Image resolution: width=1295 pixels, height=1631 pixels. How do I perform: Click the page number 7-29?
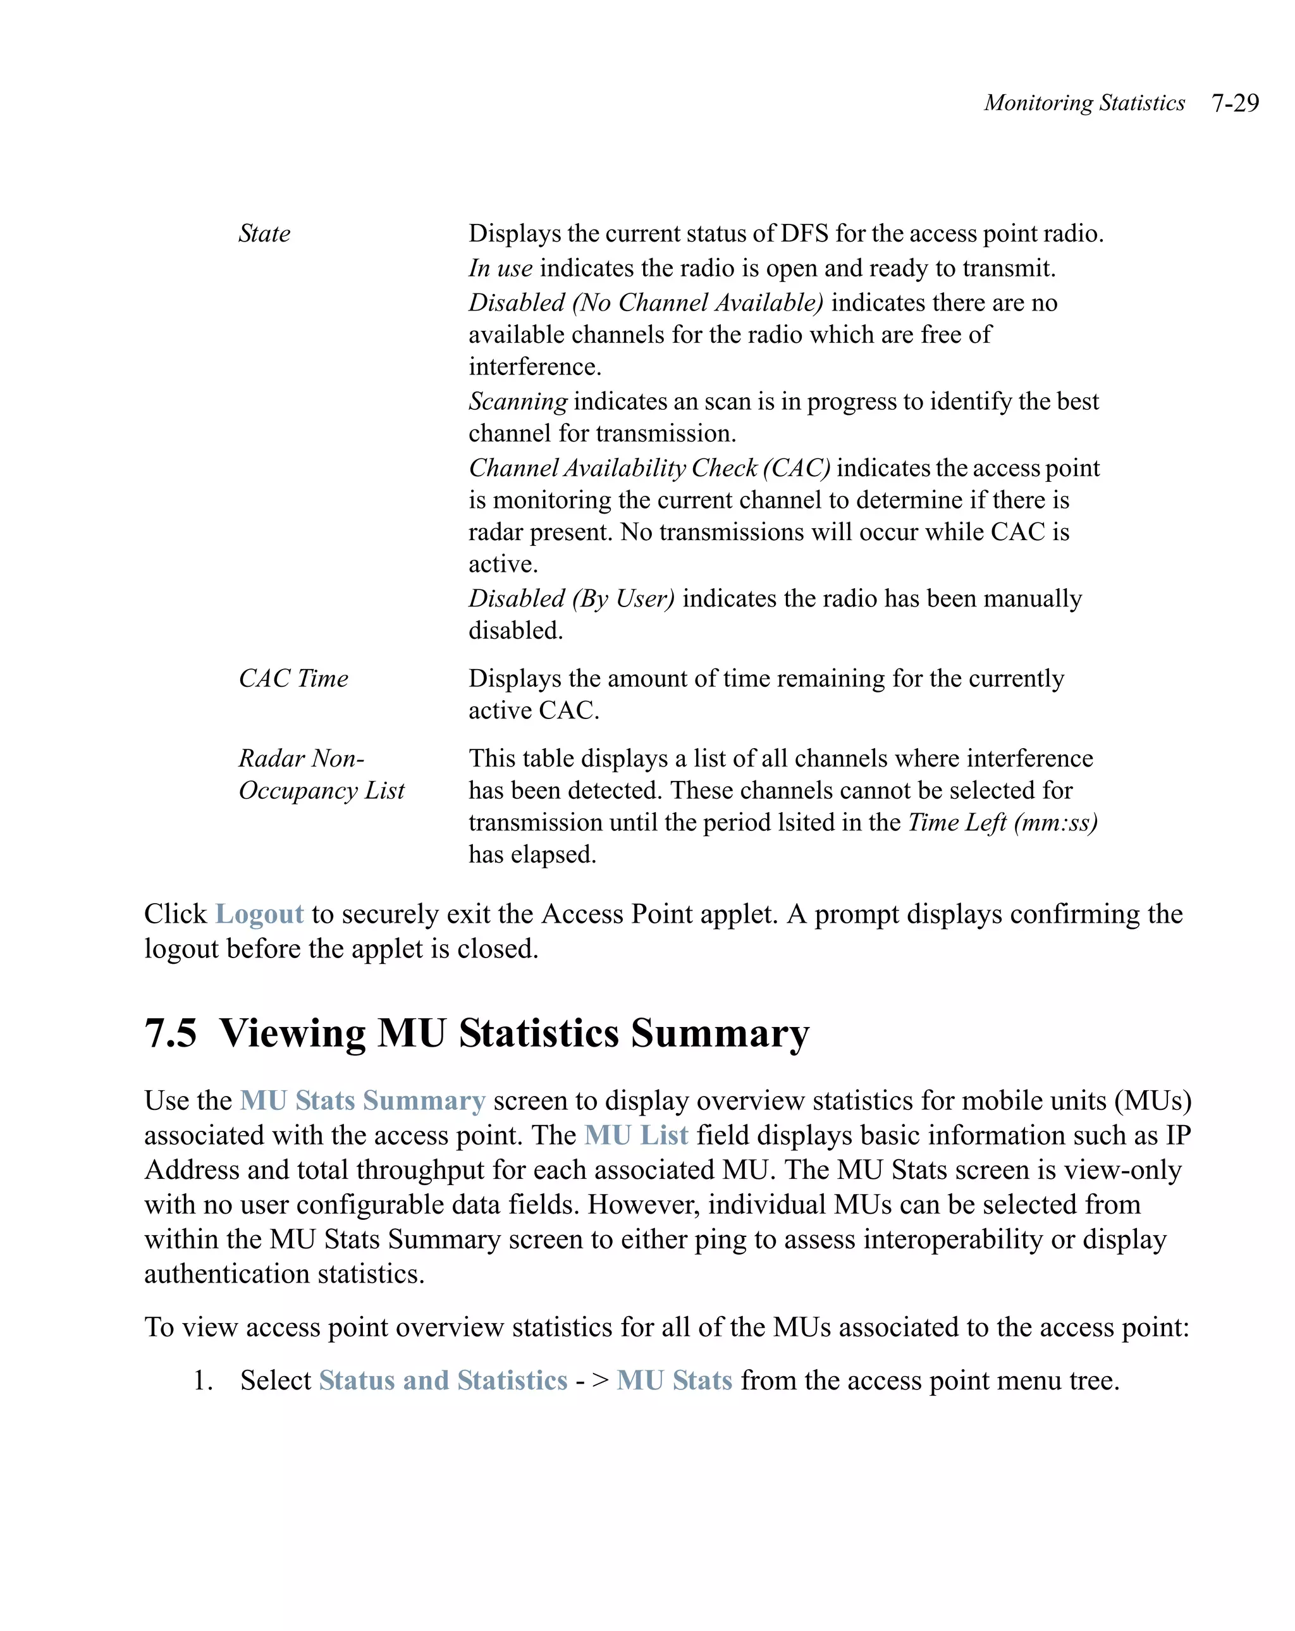(1234, 103)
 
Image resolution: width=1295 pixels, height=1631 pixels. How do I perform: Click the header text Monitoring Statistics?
(1084, 103)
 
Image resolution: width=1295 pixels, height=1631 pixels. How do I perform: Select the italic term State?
(264, 234)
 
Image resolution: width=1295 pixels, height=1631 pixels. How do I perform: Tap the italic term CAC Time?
(293, 679)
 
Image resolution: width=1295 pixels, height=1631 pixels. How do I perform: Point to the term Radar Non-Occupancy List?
(321, 775)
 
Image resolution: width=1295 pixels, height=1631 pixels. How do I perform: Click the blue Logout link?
(259, 914)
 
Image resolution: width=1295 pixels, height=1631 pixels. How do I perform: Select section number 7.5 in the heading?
(171, 1033)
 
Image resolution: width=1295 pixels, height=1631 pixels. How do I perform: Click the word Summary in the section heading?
(720, 1033)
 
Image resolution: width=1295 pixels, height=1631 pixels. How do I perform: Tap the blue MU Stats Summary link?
(362, 1100)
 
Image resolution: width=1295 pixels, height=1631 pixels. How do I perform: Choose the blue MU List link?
(636, 1135)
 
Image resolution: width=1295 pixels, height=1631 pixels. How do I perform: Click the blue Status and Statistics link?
(443, 1381)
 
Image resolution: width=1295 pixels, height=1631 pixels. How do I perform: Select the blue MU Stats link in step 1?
(674, 1381)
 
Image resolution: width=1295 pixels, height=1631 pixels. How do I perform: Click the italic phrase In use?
(500, 269)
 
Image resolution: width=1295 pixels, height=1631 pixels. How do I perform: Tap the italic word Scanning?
(517, 402)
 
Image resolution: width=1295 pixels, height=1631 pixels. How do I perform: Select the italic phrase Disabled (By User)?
(571, 599)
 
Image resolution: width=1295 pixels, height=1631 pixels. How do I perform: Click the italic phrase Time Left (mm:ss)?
(1002, 822)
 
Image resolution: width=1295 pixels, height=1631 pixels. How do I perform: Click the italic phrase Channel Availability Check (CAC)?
(649, 468)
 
